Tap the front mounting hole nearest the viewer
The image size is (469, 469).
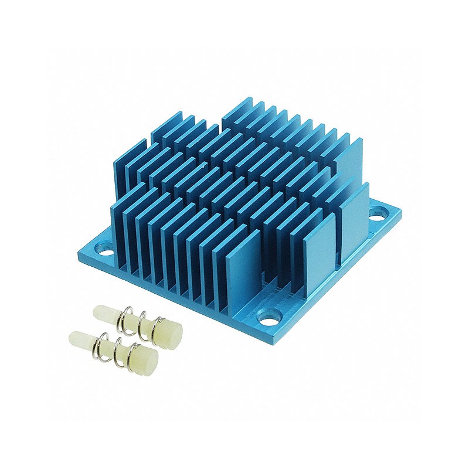point(271,322)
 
